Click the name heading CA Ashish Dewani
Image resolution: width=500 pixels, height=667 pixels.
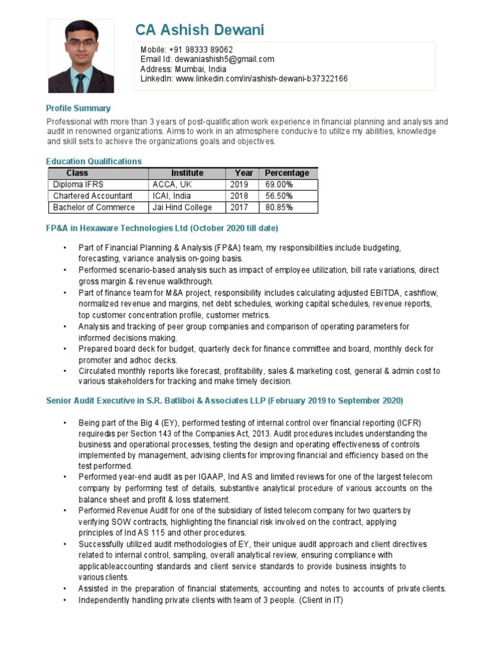pyautogui.click(x=200, y=30)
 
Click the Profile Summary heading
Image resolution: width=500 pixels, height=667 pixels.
pyautogui.click(x=78, y=108)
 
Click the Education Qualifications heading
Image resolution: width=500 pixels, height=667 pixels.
pyautogui.click(x=94, y=161)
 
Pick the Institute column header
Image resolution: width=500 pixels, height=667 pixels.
pyautogui.click(x=187, y=173)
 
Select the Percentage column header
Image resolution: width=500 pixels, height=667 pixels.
pyautogui.click(x=287, y=173)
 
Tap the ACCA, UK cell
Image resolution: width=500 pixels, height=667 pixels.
pyautogui.click(x=169, y=184)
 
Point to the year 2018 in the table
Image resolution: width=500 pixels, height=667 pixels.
pyautogui.click(x=239, y=196)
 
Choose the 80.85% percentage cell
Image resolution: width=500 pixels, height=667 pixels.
pyautogui.click(x=279, y=208)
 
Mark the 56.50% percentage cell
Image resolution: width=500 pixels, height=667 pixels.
pyautogui.click(x=279, y=196)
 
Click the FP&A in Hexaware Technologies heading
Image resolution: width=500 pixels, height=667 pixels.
pyautogui.click(x=162, y=229)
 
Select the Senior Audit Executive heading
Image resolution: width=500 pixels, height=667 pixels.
pyautogui.click(x=225, y=400)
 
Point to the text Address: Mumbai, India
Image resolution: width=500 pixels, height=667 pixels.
pyautogui.click(x=184, y=69)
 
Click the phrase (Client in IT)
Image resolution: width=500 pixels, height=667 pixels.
pyautogui.click(x=321, y=600)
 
